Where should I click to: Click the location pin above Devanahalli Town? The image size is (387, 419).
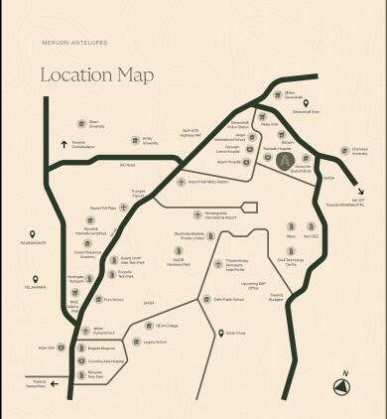coord(307,103)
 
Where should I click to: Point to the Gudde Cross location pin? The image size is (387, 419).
coord(219,333)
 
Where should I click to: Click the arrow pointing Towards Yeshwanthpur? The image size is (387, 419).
coord(54,382)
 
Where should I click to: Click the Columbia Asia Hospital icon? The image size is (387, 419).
coord(76,361)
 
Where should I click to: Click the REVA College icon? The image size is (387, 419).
coord(146,325)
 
